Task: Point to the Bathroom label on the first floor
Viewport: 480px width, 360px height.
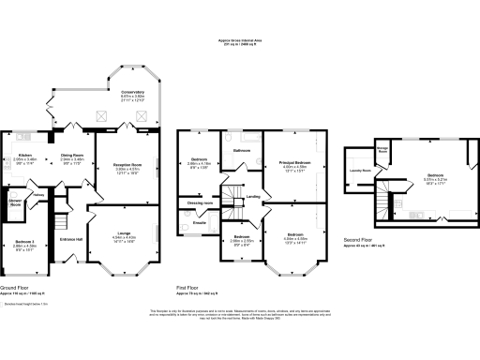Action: pyautogui.click(x=241, y=150)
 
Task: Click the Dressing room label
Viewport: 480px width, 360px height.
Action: pyautogui.click(x=202, y=202)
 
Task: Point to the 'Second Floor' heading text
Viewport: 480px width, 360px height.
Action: pyautogui.click(x=356, y=238)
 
